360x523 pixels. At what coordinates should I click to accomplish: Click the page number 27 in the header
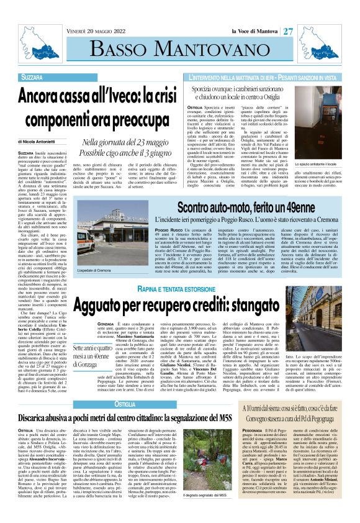click(289, 31)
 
